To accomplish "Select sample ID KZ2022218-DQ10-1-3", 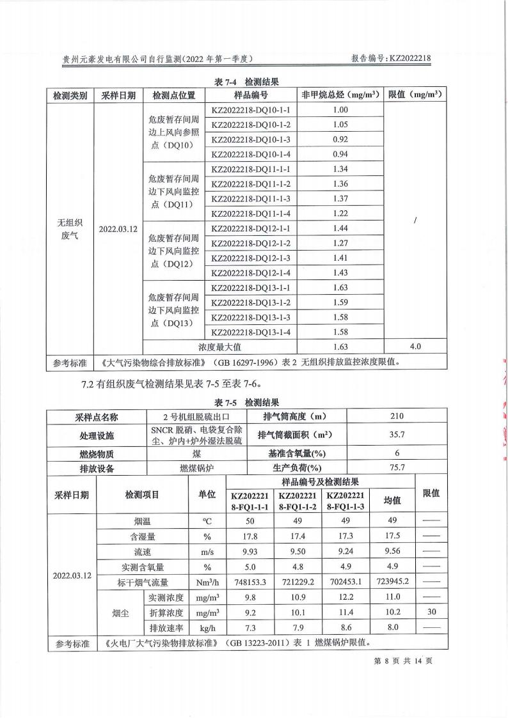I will [x=251, y=139].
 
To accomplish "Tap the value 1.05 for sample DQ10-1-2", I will [x=340, y=125].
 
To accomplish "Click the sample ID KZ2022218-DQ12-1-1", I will [x=251, y=229].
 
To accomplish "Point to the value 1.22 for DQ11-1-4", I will [x=340, y=214].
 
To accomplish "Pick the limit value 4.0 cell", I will [x=415, y=347].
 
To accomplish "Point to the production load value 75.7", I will [x=397, y=467].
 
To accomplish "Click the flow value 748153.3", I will [x=251, y=582].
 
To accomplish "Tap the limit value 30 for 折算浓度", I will [x=431, y=613].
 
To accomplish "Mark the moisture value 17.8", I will [x=251, y=536].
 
